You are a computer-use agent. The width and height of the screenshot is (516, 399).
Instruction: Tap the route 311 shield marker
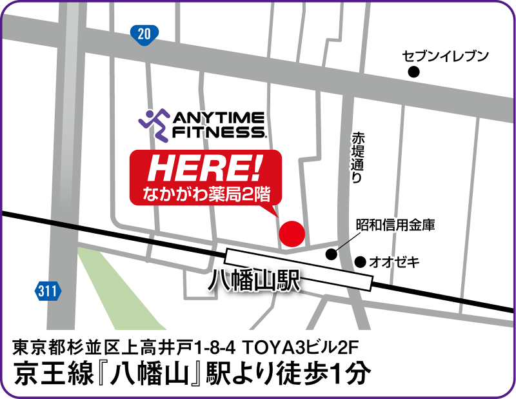coord(46,291)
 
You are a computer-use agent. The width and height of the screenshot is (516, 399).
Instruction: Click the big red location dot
coord(291,233)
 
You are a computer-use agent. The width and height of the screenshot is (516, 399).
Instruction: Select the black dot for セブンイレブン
coord(414,72)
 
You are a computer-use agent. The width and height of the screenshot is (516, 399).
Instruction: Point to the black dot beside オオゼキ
coord(360,261)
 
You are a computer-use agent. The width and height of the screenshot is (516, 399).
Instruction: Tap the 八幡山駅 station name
coord(256,283)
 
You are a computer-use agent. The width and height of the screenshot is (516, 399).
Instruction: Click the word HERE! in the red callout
coord(205,169)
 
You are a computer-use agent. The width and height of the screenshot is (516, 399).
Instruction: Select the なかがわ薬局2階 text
coord(206,192)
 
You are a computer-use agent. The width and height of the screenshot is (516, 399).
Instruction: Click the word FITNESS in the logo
coord(217,133)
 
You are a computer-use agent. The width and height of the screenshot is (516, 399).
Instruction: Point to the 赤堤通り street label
coord(357,159)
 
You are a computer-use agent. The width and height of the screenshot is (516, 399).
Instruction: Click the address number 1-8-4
coord(214,349)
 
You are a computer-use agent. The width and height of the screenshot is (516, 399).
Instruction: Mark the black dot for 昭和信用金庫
coord(332,254)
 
